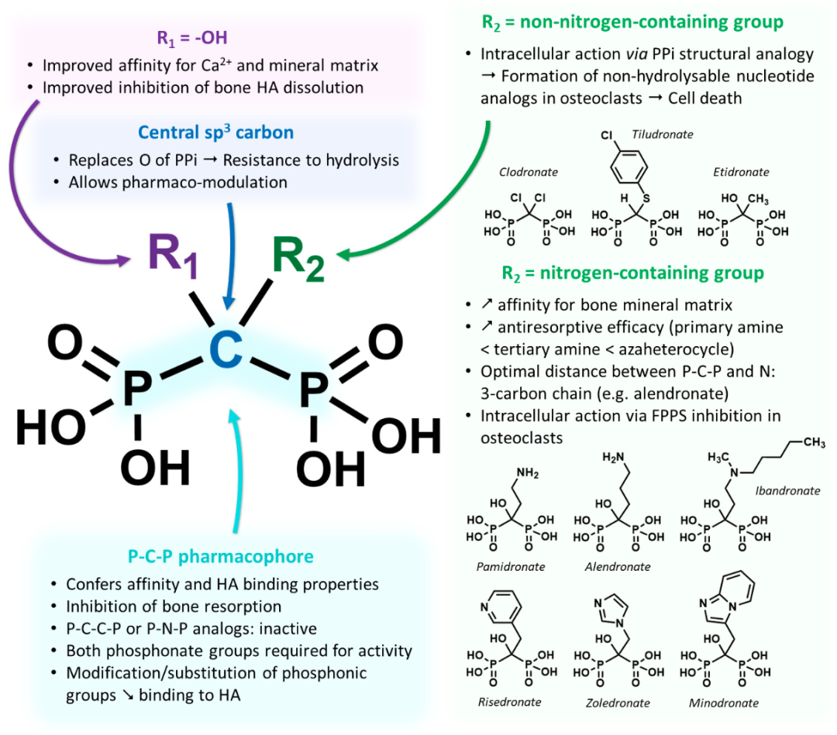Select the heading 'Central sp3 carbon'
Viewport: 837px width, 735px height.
tap(215, 132)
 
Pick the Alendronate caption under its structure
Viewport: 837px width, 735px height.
tap(618, 567)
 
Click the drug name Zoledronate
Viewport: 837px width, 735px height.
tap(618, 703)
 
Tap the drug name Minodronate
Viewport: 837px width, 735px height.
tap(724, 703)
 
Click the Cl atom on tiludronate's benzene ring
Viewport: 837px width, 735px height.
tap(607, 136)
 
